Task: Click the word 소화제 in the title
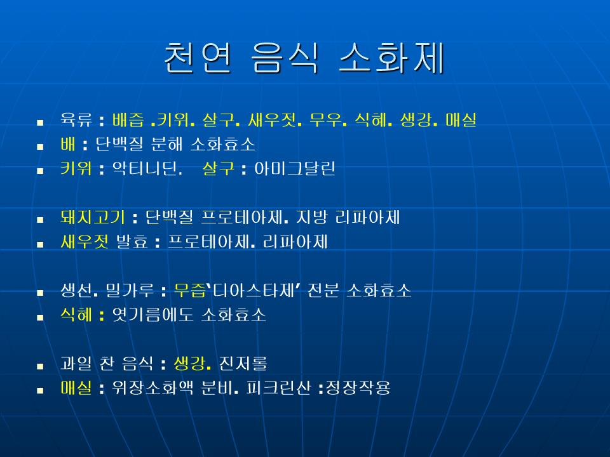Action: tap(392, 58)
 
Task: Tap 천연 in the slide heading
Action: tap(198, 58)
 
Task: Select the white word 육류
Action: tap(76, 120)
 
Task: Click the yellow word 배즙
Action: tap(128, 120)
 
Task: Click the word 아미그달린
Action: tap(294, 169)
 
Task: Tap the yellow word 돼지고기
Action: tap(92, 217)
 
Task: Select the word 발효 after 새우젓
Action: tap(132, 242)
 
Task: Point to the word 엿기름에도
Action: tap(152, 315)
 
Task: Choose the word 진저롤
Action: tap(243, 363)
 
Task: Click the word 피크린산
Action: tap(278, 388)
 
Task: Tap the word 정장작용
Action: tap(358, 388)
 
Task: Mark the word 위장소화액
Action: tap(152, 388)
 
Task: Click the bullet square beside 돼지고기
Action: tap(40, 220)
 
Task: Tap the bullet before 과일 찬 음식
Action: tap(40, 366)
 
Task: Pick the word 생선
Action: tap(76, 290)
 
